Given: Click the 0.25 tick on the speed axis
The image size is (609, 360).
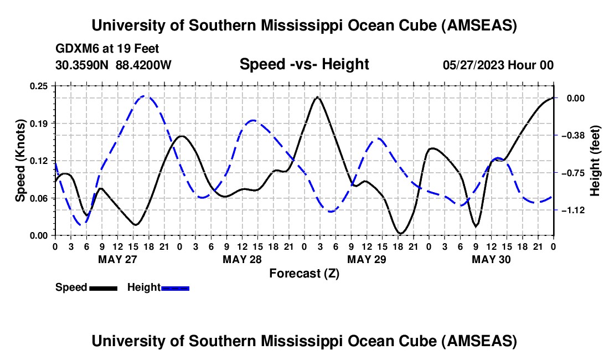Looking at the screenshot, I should tap(40, 86).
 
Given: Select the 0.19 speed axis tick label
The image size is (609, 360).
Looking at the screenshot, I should tap(40, 123).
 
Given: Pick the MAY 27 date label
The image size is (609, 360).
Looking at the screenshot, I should tap(117, 259).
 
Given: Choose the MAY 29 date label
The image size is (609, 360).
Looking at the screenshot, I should tap(367, 259).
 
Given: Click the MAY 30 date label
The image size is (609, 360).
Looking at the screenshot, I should tap(491, 259).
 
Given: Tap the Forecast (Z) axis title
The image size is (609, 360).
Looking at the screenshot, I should tap(304, 273).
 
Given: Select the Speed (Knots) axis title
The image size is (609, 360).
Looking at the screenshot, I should tap(20, 161).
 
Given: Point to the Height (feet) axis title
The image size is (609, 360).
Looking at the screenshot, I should tap(596, 161).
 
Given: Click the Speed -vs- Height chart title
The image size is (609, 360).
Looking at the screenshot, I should tap(304, 64).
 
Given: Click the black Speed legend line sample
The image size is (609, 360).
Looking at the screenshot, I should tap(103, 287).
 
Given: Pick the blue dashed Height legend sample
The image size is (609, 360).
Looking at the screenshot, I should tap(176, 287).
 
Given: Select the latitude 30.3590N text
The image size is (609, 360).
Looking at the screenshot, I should tap(82, 65).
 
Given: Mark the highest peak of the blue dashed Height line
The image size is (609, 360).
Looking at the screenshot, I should tap(145, 96).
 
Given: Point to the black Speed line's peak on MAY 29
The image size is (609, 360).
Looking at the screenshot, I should tap(317, 97).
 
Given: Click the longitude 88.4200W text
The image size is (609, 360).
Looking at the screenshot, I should tap(143, 65).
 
